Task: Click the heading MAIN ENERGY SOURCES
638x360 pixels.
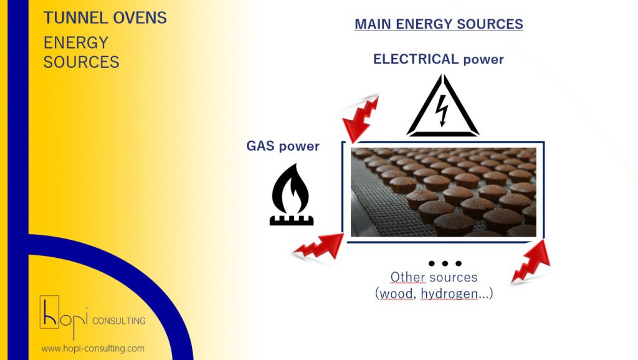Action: coord(439,24)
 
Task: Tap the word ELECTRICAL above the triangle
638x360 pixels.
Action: coord(416,59)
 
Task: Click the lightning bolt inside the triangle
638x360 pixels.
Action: coord(442,110)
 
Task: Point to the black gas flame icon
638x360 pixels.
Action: coord(292,194)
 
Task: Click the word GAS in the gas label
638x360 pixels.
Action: coord(260,146)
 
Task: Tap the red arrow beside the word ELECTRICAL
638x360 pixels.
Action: coord(361,118)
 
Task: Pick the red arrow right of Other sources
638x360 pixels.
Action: coord(531,262)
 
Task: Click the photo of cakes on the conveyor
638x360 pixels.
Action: coord(444,192)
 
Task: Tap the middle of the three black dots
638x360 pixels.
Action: coord(445,263)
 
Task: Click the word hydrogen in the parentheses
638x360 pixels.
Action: coord(449,293)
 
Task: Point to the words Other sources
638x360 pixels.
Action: coord(434,277)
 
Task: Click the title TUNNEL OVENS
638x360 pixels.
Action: coord(105,18)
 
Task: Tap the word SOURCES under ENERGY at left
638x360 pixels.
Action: coord(82,62)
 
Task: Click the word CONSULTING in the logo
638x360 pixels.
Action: coord(119,321)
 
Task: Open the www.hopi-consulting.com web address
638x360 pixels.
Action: coord(93,349)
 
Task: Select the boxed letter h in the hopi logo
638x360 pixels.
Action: coord(49,312)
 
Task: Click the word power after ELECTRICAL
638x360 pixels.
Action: coord(483,60)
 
